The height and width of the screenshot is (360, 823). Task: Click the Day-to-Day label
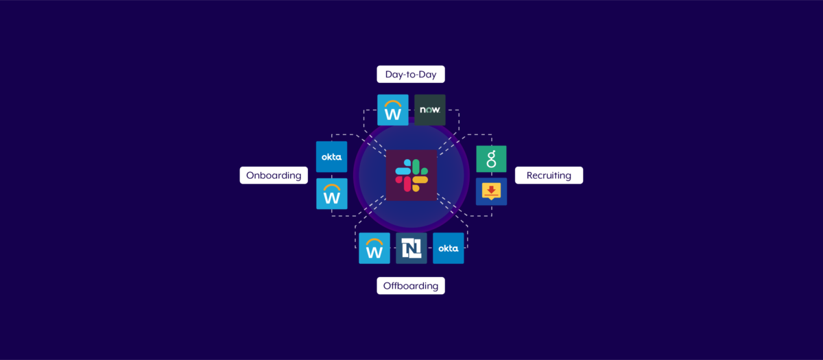[x=411, y=74]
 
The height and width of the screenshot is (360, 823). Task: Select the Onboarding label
[x=273, y=176]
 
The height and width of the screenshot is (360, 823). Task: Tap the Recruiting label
[x=549, y=176]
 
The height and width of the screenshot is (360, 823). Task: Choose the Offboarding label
[x=410, y=286]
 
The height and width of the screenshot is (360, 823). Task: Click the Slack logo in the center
[x=411, y=176]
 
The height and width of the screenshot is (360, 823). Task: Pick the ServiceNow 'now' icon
[x=430, y=110]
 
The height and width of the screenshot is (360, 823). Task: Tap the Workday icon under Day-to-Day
[x=393, y=110]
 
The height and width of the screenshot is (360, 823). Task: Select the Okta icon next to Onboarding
[x=331, y=157]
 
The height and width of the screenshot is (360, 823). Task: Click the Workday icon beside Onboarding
[x=331, y=194]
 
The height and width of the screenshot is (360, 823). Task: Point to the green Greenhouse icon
[x=491, y=159]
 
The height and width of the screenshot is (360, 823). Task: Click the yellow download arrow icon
[x=491, y=191]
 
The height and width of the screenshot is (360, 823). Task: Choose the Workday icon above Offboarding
[x=374, y=248]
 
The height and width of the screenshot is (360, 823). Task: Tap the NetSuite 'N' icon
[x=411, y=248]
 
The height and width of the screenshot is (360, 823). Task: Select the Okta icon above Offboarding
[x=449, y=248]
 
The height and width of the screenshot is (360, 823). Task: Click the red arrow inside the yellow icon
[x=491, y=189]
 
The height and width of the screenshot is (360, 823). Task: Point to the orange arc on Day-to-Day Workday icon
[x=393, y=102]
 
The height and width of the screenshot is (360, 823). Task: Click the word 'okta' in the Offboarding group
[x=449, y=248]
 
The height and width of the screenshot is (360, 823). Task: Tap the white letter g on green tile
[x=491, y=160]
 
